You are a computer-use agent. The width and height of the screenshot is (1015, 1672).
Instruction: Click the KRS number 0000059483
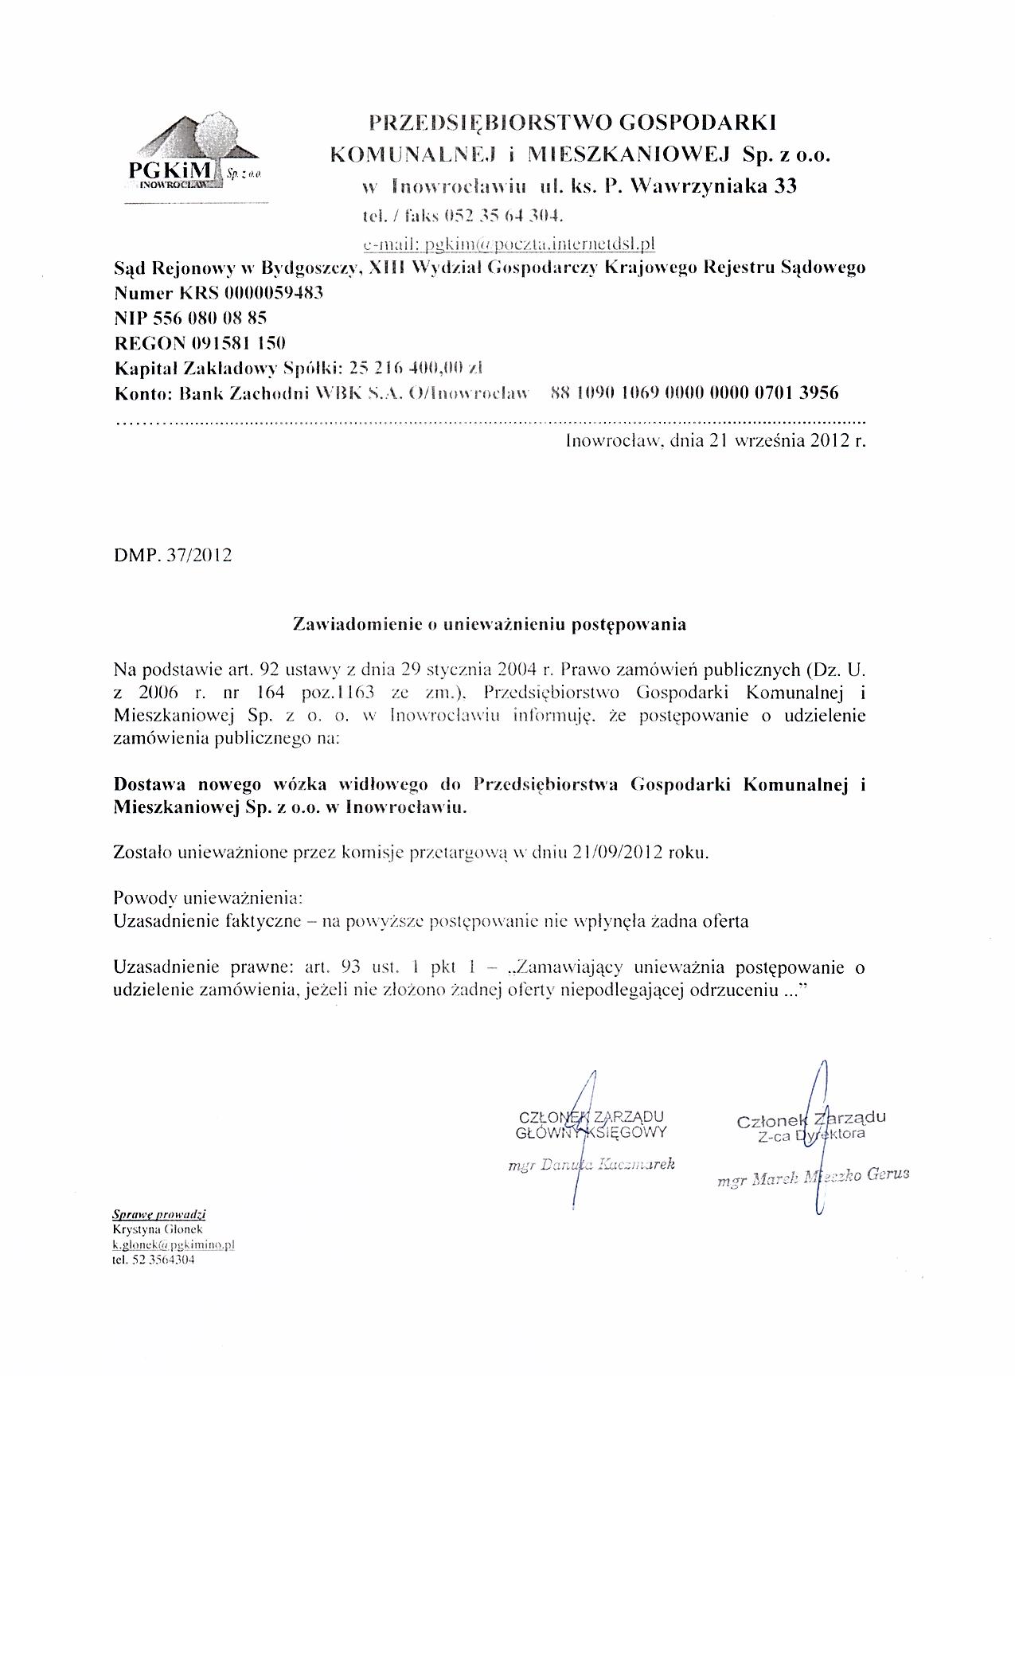pyautogui.click(x=273, y=293)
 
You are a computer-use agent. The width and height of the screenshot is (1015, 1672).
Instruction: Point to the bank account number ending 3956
pyautogui.click(x=693, y=393)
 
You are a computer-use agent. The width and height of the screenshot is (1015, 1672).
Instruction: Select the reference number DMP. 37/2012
pyautogui.click(x=173, y=556)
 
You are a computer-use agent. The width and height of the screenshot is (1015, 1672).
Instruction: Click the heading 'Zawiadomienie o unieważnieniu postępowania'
pyautogui.click(x=490, y=624)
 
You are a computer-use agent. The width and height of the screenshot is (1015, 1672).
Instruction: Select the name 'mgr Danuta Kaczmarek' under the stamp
pyautogui.click(x=591, y=1164)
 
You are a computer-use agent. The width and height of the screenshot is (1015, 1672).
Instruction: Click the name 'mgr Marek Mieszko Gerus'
pyautogui.click(x=813, y=1177)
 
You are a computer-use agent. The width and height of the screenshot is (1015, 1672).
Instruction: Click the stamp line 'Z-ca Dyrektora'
pyautogui.click(x=811, y=1135)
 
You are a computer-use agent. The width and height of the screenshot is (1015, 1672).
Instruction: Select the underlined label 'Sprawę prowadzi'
pyautogui.click(x=159, y=1215)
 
